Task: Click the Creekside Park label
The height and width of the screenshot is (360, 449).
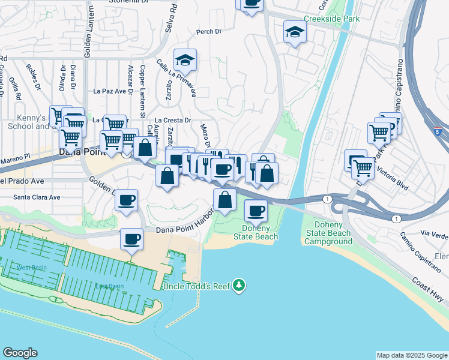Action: pos(331,19)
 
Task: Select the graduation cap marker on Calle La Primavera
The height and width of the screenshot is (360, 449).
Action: pos(185,59)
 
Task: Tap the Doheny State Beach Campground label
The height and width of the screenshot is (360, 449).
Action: pos(328,233)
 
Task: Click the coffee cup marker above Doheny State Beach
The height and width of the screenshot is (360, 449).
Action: pos(256,211)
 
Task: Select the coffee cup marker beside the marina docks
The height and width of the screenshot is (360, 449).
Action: pos(132,239)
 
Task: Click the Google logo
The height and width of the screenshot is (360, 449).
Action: pos(20,353)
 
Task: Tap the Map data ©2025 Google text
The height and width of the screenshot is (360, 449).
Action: pos(411,355)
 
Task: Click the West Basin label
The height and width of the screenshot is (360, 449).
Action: pos(32,267)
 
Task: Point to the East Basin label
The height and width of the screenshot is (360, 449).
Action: pos(109,286)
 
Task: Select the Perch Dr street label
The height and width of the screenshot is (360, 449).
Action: pos(209,31)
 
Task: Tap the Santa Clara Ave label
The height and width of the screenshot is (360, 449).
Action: pos(37,197)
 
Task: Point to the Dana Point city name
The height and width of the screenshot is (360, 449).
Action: pos(82,152)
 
